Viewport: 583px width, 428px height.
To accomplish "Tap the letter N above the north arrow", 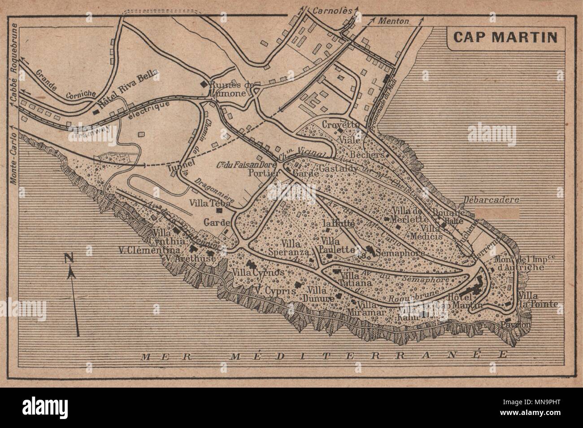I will coord(69,258).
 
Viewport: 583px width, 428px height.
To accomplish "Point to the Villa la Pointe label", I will coord(538,300).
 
